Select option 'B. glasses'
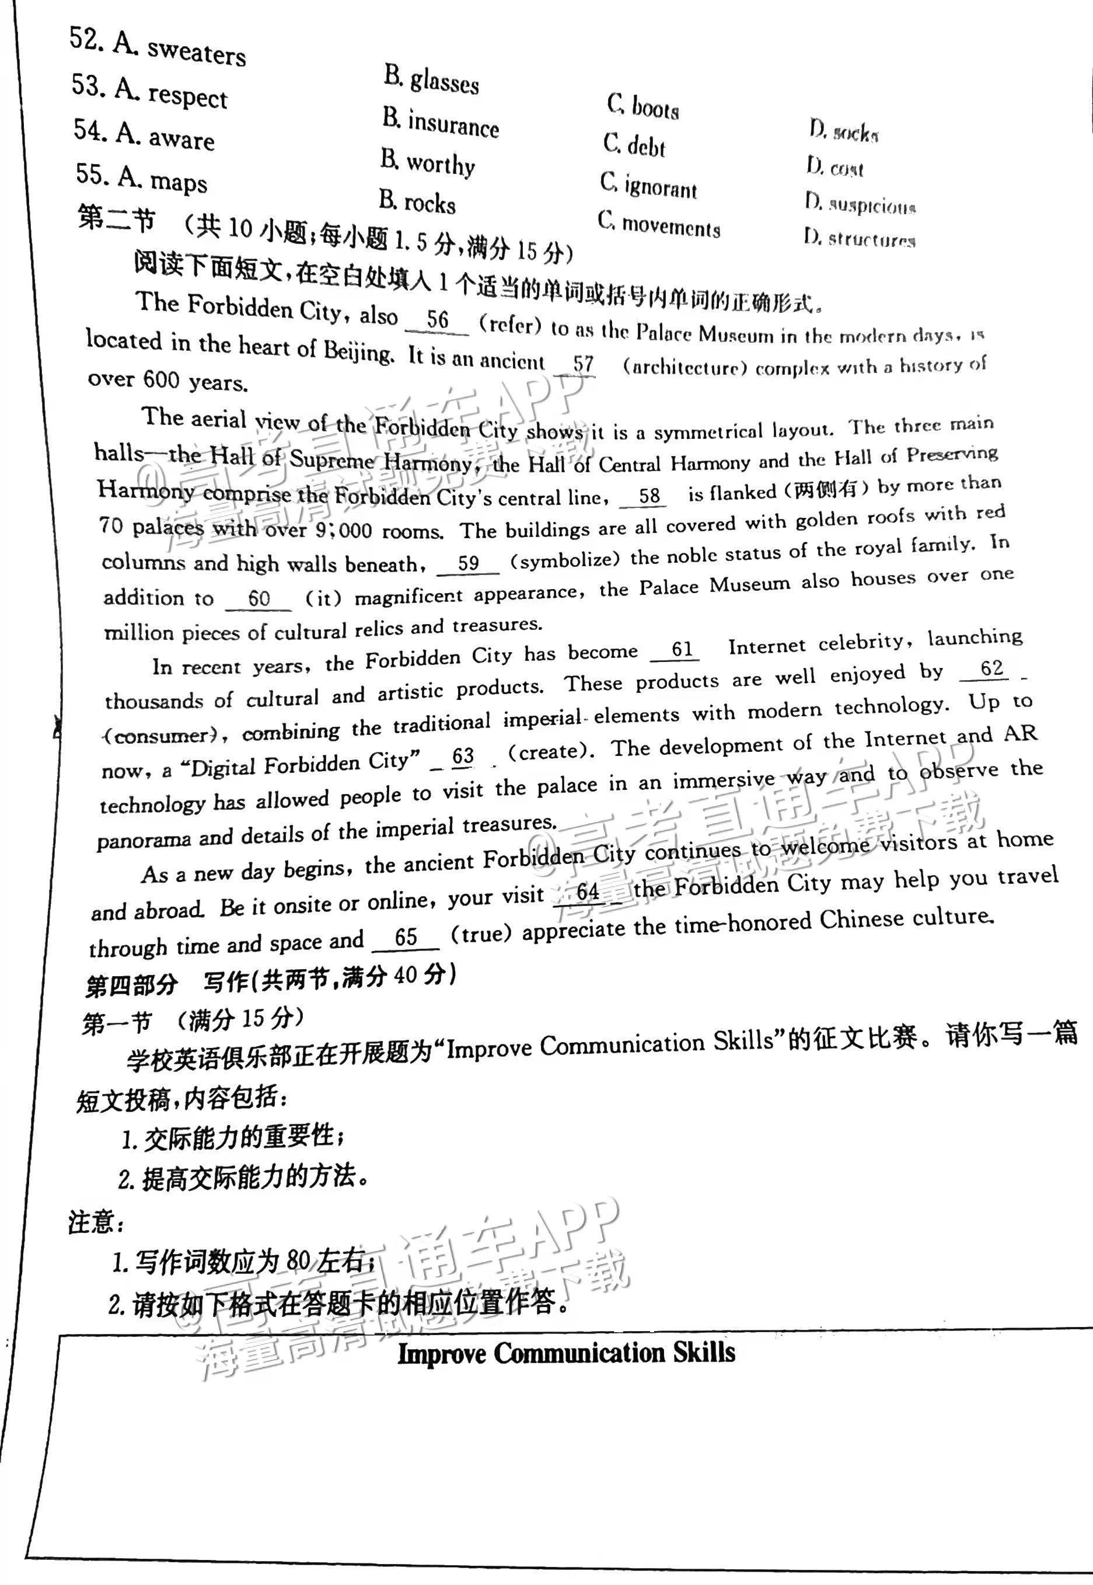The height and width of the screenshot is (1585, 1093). [x=431, y=80]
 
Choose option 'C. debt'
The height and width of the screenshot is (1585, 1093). [x=634, y=145]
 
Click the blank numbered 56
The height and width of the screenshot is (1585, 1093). [x=438, y=320]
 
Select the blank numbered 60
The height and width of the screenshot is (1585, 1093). [x=259, y=598]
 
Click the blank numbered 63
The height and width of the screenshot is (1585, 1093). [x=463, y=756]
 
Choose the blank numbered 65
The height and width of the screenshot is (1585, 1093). [x=406, y=937]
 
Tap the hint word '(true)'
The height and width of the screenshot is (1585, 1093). [x=481, y=933]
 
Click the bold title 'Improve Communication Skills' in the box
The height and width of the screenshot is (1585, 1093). [x=567, y=1353]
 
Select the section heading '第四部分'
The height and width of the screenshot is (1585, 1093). [x=131, y=985]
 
